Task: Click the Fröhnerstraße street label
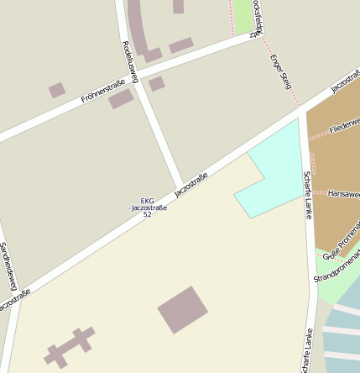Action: click(102, 91)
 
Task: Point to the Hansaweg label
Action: click(343, 193)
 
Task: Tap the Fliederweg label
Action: click(344, 126)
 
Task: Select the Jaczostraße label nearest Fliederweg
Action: click(345, 81)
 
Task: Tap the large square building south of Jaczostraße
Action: click(182, 310)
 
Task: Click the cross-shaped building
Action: click(69, 346)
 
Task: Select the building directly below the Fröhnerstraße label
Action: click(121, 99)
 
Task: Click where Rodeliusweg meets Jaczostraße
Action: click(180, 187)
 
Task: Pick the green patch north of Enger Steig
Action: click(243, 15)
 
